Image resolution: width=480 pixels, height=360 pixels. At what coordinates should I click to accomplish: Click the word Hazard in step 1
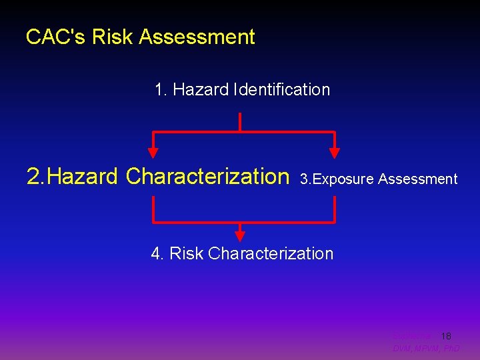tap(201, 89)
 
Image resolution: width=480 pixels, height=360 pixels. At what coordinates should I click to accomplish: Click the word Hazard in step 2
tap(84, 177)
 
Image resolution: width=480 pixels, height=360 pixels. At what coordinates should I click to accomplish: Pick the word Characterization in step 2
tap(207, 177)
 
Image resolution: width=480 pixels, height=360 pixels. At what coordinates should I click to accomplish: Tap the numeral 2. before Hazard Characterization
tap(36, 177)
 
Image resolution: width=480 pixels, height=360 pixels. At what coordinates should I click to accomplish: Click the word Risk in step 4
tap(187, 253)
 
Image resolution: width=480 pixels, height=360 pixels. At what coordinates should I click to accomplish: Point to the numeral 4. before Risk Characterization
tap(158, 253)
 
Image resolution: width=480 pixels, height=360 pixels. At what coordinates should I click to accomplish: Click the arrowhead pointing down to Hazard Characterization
tap(154, 152)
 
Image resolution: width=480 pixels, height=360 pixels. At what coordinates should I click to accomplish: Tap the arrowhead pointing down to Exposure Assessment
tap(335, 152)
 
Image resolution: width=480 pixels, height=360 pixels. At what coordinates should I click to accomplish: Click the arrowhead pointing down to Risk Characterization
tap(240, 235)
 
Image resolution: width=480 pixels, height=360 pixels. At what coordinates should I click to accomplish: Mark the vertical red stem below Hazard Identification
tap(239, 122)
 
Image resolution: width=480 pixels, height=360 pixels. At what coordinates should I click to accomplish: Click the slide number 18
tap(446, 336)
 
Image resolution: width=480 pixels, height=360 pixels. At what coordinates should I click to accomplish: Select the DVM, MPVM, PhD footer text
tap(426, 349)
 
